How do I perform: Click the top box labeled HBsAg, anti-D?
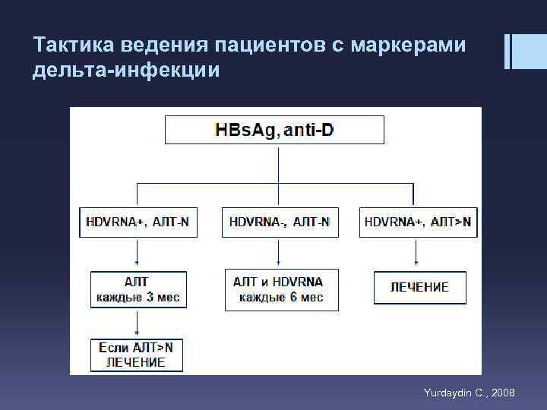click(274, 130)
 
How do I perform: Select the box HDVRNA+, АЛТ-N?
click(138, 222)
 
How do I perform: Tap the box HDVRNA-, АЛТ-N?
click(280, 222)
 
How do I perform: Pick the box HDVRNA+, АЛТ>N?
click(418, 222)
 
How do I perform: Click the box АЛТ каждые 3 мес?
click(138, 289)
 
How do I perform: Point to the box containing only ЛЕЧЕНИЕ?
click(419, 288)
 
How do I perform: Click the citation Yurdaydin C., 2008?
click(469, 393)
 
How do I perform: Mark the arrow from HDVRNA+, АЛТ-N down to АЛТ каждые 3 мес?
click(137, 254)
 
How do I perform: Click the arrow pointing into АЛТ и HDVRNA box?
click(280, 252)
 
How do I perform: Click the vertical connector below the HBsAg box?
click(279, 163)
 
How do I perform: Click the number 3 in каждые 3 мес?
click(145, 298)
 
